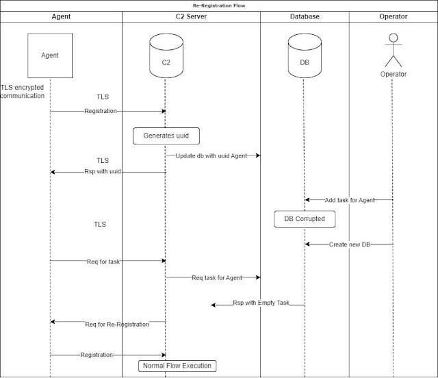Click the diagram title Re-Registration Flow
[219, 5]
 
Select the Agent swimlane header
[61, 16]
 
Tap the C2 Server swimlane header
[191, 16]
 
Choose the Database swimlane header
[305, 16]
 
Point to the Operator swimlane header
[394, 16]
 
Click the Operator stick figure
[394, 50]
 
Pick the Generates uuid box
[166, 136]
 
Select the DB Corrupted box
[305, 219]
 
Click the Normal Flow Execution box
[177, 366]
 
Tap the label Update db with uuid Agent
[211, 156]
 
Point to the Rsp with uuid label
[103, 171]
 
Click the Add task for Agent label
[350, 200]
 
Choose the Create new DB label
[350, 244]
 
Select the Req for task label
[103, 262]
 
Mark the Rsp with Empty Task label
[261, 303]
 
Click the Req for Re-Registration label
[117, 325]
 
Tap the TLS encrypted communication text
[23, 92]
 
